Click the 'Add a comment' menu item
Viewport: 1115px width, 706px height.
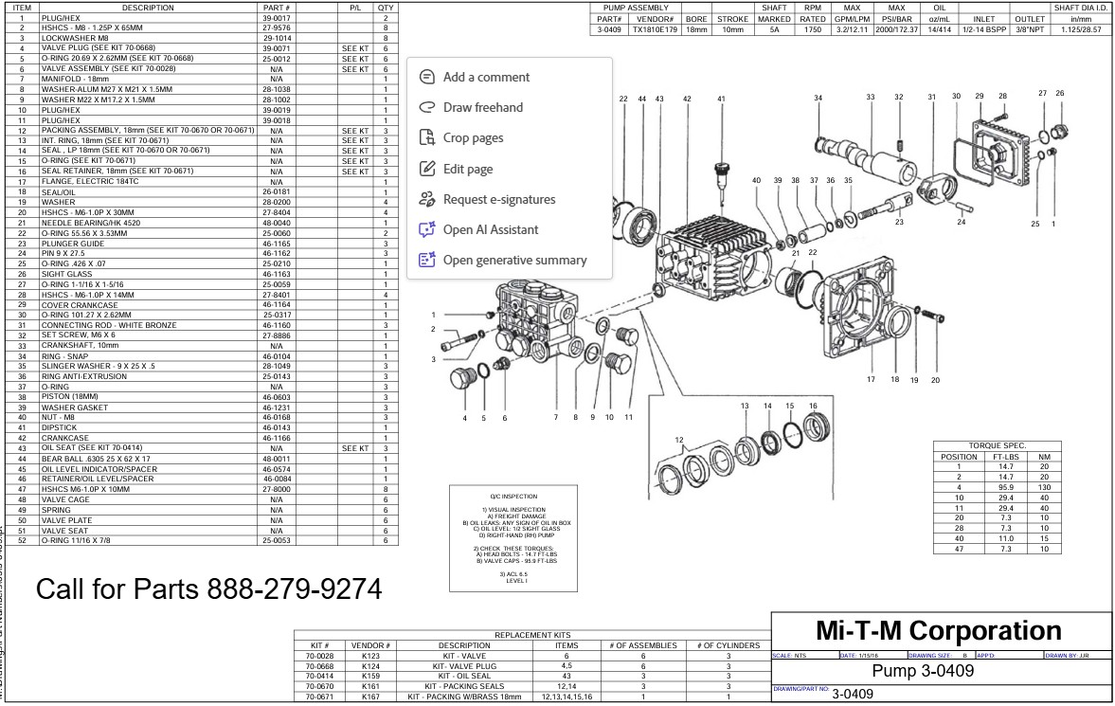tap(486, 77)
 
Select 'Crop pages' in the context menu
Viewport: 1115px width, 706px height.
tap(473, 138)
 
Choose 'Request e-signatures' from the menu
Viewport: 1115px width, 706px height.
tap(498, 199)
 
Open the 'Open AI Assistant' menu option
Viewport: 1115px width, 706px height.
tap(490, 229)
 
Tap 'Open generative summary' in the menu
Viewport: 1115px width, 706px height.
tap(514, 260)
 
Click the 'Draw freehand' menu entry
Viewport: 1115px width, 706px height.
tap(482, 107)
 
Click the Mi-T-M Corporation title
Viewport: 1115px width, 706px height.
tap(938, 631)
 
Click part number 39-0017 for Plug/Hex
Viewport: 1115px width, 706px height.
tap(276, 18)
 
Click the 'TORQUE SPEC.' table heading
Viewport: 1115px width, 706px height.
tap(997, 445)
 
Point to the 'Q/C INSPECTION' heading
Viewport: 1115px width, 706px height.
tap(513, 496)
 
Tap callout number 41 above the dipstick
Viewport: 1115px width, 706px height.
tap(721, 99)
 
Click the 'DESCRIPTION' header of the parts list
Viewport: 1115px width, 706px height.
tap(147, 8)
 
